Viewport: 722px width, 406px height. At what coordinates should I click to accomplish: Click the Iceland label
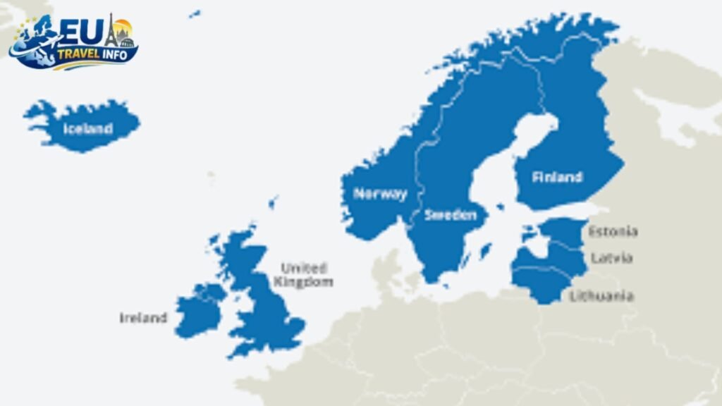coord(88,128)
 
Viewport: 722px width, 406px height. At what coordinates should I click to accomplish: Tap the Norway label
coord(380,194)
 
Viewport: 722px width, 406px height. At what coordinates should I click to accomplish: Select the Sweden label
coord(450,215)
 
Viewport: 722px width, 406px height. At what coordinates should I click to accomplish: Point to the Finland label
coord(557,177)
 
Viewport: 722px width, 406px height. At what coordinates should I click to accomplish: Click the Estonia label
coord(613,231)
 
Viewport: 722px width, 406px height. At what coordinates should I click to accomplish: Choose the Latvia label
coord(611,258)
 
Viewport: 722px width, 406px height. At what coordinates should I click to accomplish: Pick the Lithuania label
coord(601,296)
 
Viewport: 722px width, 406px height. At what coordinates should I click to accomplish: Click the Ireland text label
coord(143,318)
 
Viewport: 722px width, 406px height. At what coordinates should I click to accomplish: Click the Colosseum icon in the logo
coord(127,42)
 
